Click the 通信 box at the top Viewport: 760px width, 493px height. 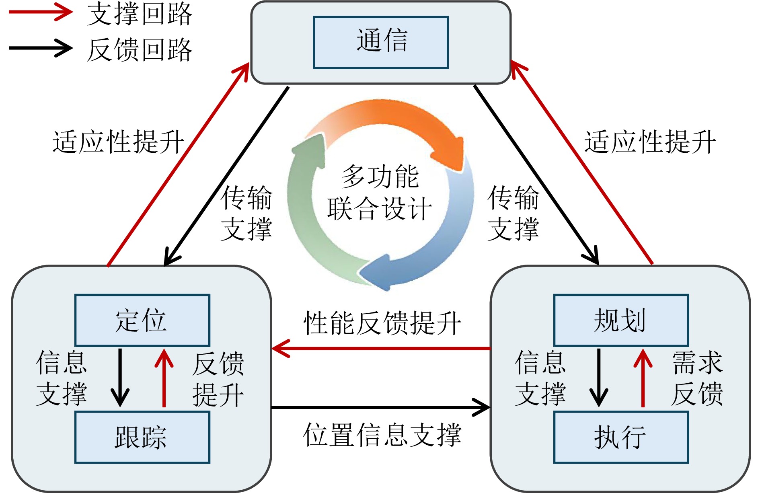(x=380, y=42)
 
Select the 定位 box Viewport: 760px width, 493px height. (x=142, y=320)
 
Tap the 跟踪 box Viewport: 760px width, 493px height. (x=142, y=437)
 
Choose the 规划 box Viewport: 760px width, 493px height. (x=621, y=320)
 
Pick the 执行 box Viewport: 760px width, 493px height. (x=621, y=437)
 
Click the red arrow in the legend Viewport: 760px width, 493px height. (x=40, y=12)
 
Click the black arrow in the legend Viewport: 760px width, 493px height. (x=40, y=48)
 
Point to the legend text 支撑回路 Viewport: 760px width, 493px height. (x=140, y=14)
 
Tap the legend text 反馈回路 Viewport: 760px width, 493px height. (x=140, y=50)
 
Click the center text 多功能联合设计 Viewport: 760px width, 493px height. (x=380, y=192)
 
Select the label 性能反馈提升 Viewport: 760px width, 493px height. (x=382, y=323)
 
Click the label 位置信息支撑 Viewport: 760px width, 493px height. (x=382, y=435)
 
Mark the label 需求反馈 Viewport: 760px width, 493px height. (x=697, y=378)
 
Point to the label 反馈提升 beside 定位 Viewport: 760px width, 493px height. (x=218, y=379)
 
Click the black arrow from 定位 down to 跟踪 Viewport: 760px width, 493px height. (x=120, y=378)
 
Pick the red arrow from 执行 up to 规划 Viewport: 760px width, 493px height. (x=643, y=378)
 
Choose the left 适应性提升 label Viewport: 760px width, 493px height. (x=118, y=142)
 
